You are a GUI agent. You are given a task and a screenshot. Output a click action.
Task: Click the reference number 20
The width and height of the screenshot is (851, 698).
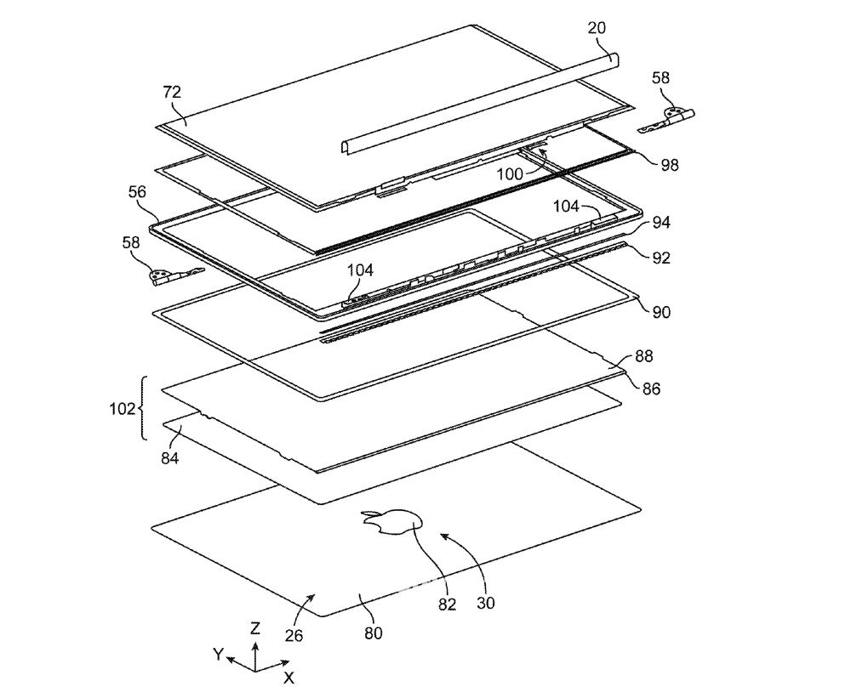coord(597,28)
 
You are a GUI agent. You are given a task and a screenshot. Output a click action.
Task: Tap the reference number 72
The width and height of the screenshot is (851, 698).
coord(172,92)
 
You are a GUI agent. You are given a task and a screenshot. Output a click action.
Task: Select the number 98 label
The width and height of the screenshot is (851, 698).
coord(669,165)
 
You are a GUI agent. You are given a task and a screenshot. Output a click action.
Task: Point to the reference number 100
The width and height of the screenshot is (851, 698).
coord(510,174)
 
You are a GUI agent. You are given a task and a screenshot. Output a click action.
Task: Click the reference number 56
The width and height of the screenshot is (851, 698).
coord(137,191)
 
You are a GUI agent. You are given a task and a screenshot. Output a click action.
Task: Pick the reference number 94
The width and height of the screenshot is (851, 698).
coord(661,223)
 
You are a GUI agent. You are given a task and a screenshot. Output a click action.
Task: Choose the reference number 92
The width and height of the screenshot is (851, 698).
coord(661,257)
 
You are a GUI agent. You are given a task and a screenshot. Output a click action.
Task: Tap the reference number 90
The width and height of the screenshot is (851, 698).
coord(661,312)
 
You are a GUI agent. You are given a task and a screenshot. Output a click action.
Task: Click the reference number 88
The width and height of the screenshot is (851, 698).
coord(643,355)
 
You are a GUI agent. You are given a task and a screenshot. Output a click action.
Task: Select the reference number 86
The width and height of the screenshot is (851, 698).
coord(651,389)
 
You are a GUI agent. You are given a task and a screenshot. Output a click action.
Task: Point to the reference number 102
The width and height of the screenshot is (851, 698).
coord(122,408)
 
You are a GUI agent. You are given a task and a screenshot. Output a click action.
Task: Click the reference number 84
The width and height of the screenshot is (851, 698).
coord(170,458)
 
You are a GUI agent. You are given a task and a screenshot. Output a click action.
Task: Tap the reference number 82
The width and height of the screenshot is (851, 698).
coord(448,604)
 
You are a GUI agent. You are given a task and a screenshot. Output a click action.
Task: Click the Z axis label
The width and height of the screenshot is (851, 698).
coord(255,628)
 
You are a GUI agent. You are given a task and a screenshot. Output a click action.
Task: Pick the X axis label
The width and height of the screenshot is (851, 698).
coord(289,677)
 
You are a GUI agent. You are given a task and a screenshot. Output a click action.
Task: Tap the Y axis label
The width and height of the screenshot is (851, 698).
coord(218,655)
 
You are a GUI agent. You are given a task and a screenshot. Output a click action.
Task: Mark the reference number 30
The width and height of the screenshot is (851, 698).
coord(486,603)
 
